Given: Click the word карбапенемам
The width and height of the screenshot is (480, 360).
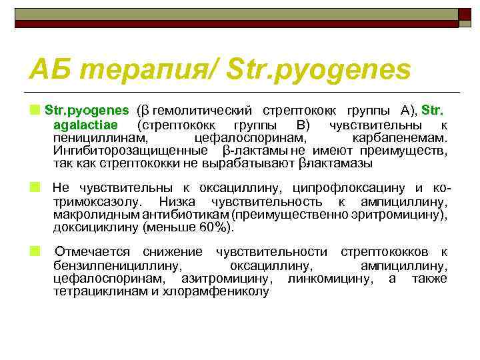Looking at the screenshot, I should pyautogui.click(x=408, y=138).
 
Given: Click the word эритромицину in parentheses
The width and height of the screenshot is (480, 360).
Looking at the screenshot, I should pyautogui.click(x=405, y=214).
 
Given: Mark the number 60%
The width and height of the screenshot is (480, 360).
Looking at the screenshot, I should pyautogui.click(x=215, y=227).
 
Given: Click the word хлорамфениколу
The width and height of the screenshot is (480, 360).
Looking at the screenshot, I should pyautogui.click(x=225, y=291).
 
